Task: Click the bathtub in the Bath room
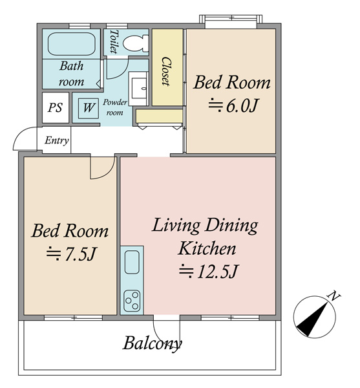pyautogui.click(x=72, y=44)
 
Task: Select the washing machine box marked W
pyautogui.click(x=89, y=108)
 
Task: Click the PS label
pyautogui.click(x=55, y=107)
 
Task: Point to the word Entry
pyautogui.click(x=57, y=140)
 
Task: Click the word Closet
pyautogui.click(x=166, y=72)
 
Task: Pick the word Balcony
pyautogui.click(x=152, y=344)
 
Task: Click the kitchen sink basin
pyautogui.click(x=132, y=262)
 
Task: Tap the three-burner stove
pyautogui.click(x=132, y=301)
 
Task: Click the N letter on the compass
pyautogui.click(x=334, y=296)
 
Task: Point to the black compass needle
pyautogui.click(x=314, y=319)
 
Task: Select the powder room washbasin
pyautogui.click(x=139, y=89)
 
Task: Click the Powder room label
pyautogui.click(x=115, y=107)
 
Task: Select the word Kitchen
pyautogui.click(x=207, y=248)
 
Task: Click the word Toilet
pyautogui.click(x=114, y=41)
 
